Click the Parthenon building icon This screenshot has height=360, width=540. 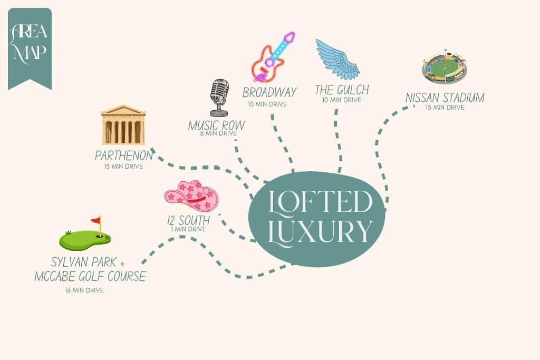[123, 125]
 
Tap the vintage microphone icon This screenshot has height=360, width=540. [219, 98]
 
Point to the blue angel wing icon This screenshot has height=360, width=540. [337, 59]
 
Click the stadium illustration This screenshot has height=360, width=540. [444, 67]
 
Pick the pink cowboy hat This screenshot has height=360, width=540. [191, 195]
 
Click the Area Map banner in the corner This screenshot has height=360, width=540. [30, 48]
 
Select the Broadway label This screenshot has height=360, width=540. [269, 92]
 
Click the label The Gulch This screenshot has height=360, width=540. [342, 90]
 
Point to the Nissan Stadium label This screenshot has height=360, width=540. [445, 98]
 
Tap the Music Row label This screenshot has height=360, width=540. [217, 125]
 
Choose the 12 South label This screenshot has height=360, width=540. [188, 220]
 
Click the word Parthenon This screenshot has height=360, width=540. [123, 155]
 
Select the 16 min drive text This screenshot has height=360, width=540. [84, 290]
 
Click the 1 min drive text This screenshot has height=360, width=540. [188, 229]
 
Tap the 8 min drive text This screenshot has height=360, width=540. [218, 133]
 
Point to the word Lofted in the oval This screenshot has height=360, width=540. [320, 201]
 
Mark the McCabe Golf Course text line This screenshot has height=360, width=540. [90, 276]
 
